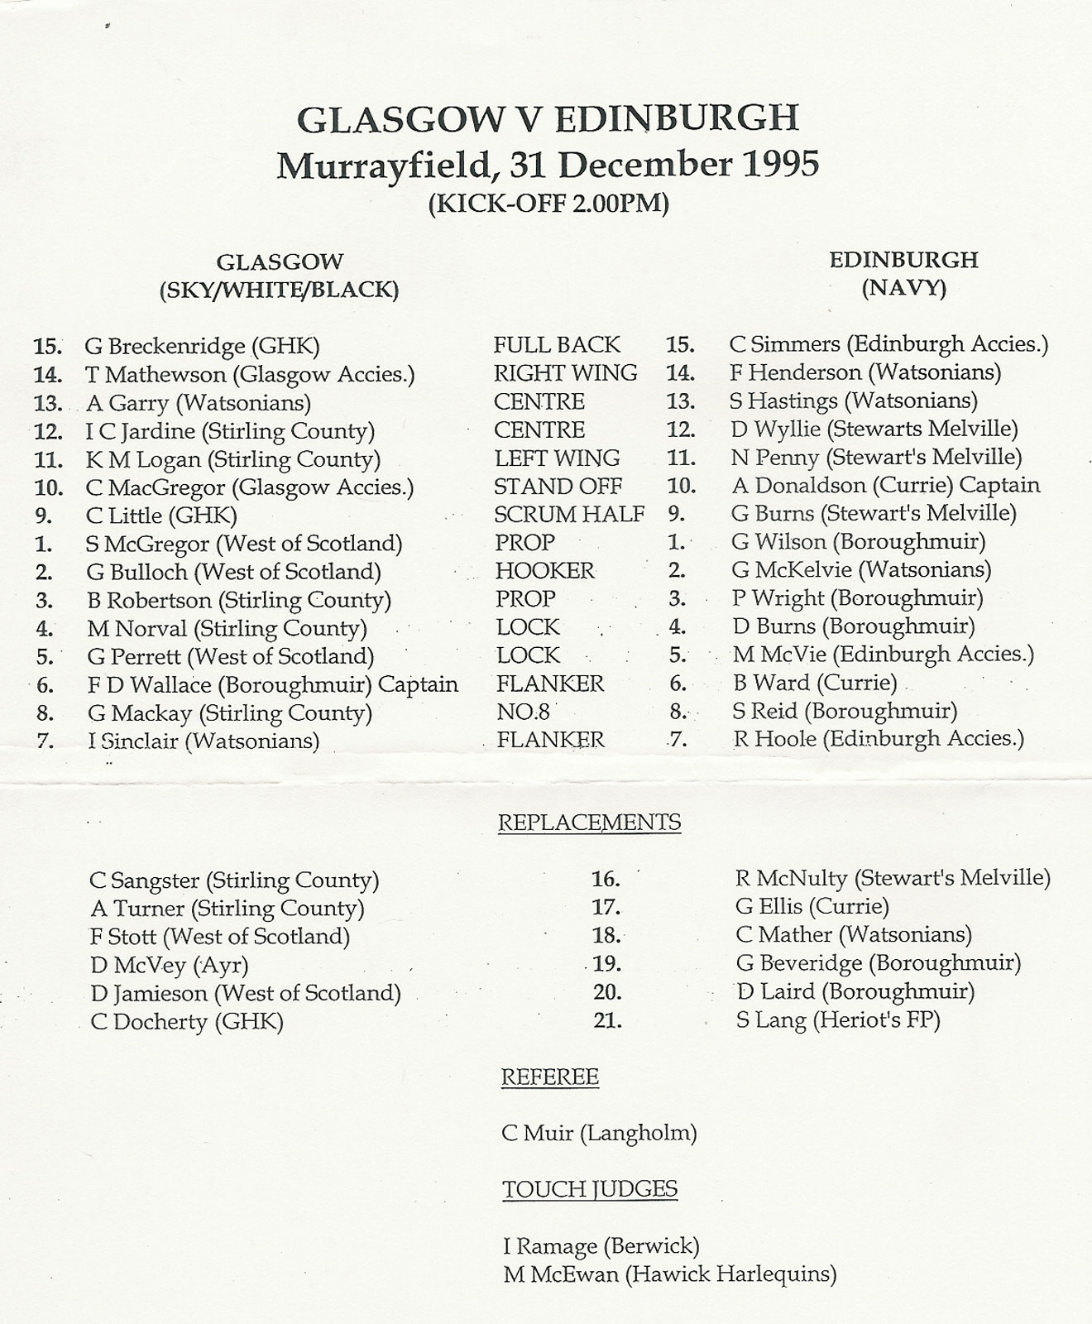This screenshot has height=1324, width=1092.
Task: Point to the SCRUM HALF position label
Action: (x=569, y=515)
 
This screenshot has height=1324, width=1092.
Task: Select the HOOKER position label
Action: (x=544, y=571)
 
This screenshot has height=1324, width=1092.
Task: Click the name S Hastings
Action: (x=783, y=401)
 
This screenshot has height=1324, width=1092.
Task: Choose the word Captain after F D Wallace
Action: (x=418, y=685)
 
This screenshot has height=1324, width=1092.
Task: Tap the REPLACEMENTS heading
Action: (x=589, y=823)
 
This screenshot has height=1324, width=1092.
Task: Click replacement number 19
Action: (x=606, y=964)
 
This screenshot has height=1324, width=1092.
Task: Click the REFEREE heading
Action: (x=549, y=1077)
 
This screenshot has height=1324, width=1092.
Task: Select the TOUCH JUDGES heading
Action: (x=589, y=1190)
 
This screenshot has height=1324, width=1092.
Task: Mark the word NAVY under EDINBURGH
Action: (x=903, y=289)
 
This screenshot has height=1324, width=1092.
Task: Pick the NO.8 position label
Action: (x=523, y=712)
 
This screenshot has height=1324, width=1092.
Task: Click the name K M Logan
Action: (x=143, y=459)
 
